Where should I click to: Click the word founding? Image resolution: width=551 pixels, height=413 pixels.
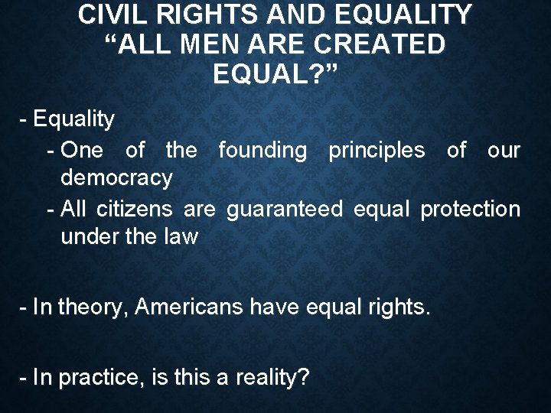point(262,150)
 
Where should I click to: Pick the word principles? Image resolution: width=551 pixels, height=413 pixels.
point(377,150)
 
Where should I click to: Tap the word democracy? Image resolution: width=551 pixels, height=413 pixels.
point(116,179)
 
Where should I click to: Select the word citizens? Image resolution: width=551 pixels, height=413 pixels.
point(139,208)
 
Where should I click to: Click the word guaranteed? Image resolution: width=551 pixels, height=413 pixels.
point(285,208)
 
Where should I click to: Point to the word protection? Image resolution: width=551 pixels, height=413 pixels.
point(471,208)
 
